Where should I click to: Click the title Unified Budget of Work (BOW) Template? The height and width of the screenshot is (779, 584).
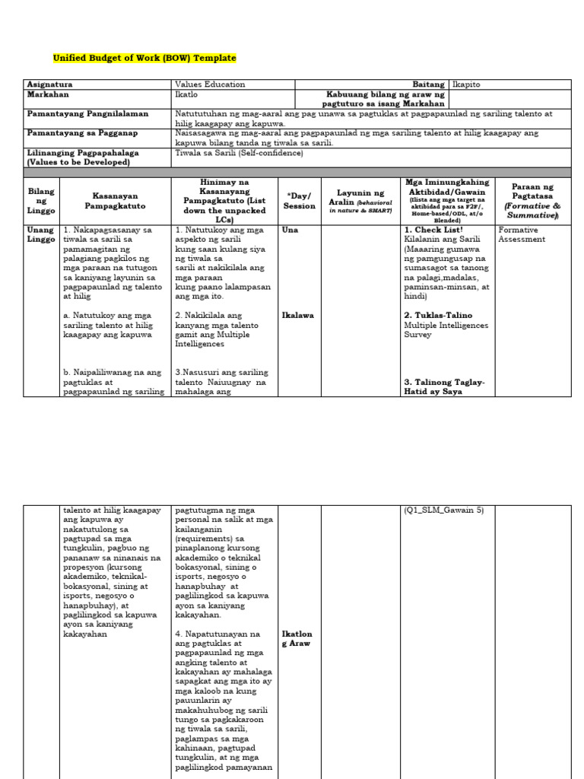point(144,58)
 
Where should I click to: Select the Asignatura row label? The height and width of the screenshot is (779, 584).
point(49,85)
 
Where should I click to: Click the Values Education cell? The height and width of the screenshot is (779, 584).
point(210,85)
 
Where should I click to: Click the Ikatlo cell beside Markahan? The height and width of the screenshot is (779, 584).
point(187,95)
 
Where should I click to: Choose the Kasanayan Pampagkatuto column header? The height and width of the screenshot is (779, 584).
point(114,202)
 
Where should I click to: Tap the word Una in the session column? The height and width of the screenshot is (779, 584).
point(290,230)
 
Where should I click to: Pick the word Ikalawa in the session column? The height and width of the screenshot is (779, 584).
point(297,315)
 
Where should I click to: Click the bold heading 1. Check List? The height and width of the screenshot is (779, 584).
point(433,230)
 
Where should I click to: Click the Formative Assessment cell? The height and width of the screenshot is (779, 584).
point(522,234)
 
